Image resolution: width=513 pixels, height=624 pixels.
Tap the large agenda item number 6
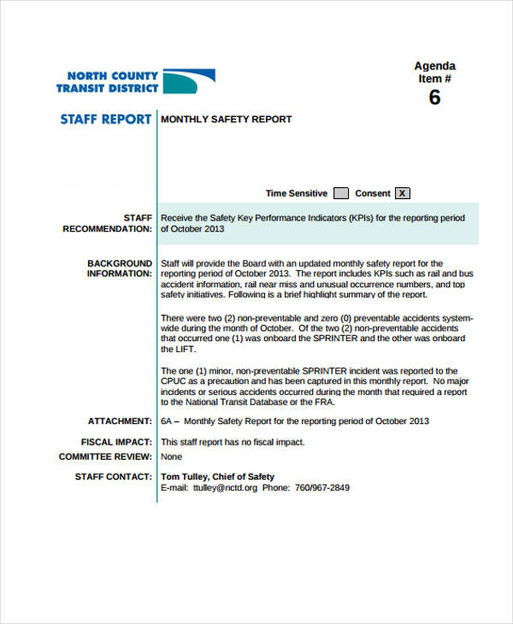[x=434, y=98]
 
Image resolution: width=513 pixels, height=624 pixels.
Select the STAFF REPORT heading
[x=106, y=119]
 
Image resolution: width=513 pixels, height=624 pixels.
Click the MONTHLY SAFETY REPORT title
[x=227, y=120]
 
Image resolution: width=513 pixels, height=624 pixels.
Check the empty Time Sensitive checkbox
[x=340, y=193]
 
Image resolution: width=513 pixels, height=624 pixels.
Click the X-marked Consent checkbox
[x=403, y=193]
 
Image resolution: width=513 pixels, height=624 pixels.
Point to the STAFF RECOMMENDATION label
[x=109, y=224]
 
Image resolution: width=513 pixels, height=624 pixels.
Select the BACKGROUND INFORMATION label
[x=120, y=268]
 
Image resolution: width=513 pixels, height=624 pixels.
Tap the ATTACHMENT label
[x=120, y=421]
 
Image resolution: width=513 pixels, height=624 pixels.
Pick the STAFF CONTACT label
[x=114, y=477]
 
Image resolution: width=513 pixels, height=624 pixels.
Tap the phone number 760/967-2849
[x=321, y=488]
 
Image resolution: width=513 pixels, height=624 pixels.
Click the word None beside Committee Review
[x=172, y=456]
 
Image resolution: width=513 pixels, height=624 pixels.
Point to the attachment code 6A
[x=167, y=421]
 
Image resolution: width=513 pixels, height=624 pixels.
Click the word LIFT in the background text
[x=186, y=349]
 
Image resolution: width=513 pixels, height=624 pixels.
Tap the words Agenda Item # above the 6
[x=434, y=73]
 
